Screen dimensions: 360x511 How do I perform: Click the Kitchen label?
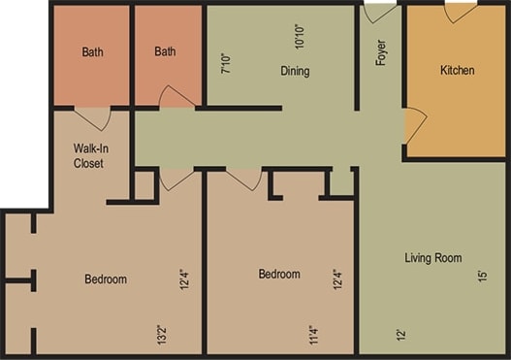457,70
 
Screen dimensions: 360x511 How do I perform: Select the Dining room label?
295,71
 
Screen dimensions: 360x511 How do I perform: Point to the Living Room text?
432,258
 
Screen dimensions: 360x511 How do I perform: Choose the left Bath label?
92,51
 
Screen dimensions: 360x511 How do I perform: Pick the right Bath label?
165,51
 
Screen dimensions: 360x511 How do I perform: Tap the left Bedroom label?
106,279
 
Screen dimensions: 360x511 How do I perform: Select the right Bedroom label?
279,274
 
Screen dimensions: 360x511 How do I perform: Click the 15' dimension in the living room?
482,277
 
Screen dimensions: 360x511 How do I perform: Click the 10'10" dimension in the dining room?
300,35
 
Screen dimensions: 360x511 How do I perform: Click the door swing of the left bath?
92,117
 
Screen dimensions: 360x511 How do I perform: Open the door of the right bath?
176,97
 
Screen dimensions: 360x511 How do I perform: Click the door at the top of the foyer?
379,13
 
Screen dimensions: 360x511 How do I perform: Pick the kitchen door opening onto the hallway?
414,125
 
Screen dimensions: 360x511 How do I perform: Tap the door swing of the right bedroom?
244,179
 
